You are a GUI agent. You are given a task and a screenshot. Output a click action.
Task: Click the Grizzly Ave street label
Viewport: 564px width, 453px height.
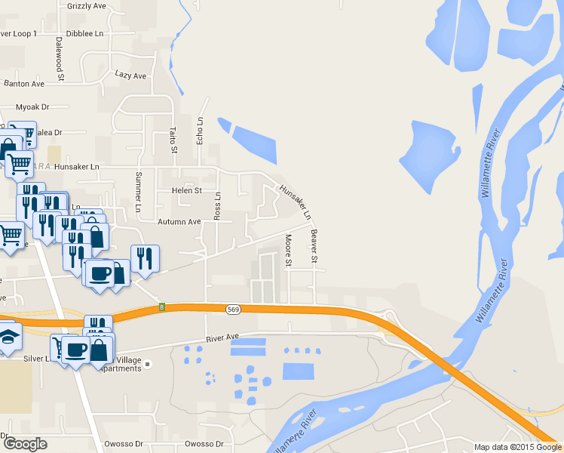(x=86, y=6)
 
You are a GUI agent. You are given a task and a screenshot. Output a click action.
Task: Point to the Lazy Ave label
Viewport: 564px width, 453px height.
(x=130, y=75)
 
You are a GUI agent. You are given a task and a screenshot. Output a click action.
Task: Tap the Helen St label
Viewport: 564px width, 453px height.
(x=186, y=191)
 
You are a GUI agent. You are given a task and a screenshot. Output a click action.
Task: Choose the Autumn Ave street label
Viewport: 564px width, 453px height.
(x=179, y=222)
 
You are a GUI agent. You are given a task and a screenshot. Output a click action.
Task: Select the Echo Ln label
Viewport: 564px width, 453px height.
(x=200, y=131)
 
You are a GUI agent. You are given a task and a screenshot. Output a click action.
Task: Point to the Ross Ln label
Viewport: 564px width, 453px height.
(x=217, y=205)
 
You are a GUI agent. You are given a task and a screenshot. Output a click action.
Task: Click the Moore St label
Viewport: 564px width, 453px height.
(x=288, y=251)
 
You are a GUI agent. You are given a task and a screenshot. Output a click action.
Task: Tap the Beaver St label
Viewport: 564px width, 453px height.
(x=314, y=247)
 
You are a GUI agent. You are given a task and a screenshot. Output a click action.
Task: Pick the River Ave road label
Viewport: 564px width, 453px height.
(x=222, y=337)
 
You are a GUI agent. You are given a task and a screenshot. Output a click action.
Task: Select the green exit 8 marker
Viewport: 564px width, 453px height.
(x=161, y=307)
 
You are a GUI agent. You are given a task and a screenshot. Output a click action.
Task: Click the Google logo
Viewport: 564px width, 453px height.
(x=24, y=444)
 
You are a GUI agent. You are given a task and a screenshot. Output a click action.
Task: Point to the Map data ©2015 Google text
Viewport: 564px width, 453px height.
(x=517, y=447)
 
